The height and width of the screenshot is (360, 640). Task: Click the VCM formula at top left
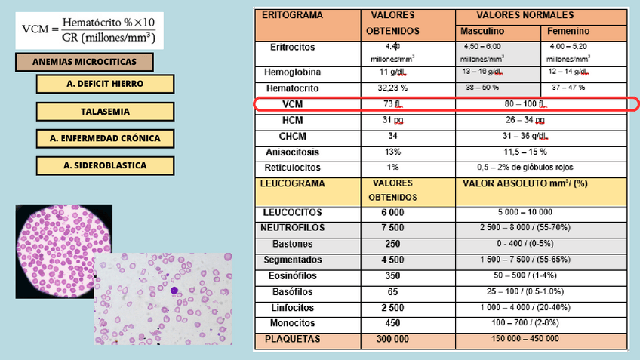point(89,29)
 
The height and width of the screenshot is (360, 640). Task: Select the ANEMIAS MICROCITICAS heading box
point(84,63)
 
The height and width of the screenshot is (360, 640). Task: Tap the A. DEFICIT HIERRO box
point(104,84)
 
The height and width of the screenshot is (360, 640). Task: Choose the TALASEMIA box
point(104,111)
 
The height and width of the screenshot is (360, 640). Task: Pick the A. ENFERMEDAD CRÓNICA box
point(104,139)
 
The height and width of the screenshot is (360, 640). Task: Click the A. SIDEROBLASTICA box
point(104,165)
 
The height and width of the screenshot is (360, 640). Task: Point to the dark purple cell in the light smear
point(174,291)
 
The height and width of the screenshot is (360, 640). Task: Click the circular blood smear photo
point(63,241)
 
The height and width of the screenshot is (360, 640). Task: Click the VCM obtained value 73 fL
point(392,104)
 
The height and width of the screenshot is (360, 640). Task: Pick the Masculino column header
point(482,31)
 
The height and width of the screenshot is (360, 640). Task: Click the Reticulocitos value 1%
point(392,167)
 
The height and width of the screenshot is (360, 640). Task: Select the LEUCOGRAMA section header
point(292,183)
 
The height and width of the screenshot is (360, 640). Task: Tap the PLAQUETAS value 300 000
point(392,340)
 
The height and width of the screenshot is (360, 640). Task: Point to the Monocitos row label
point(293,323)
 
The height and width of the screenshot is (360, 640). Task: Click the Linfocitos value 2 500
point(392,308)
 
